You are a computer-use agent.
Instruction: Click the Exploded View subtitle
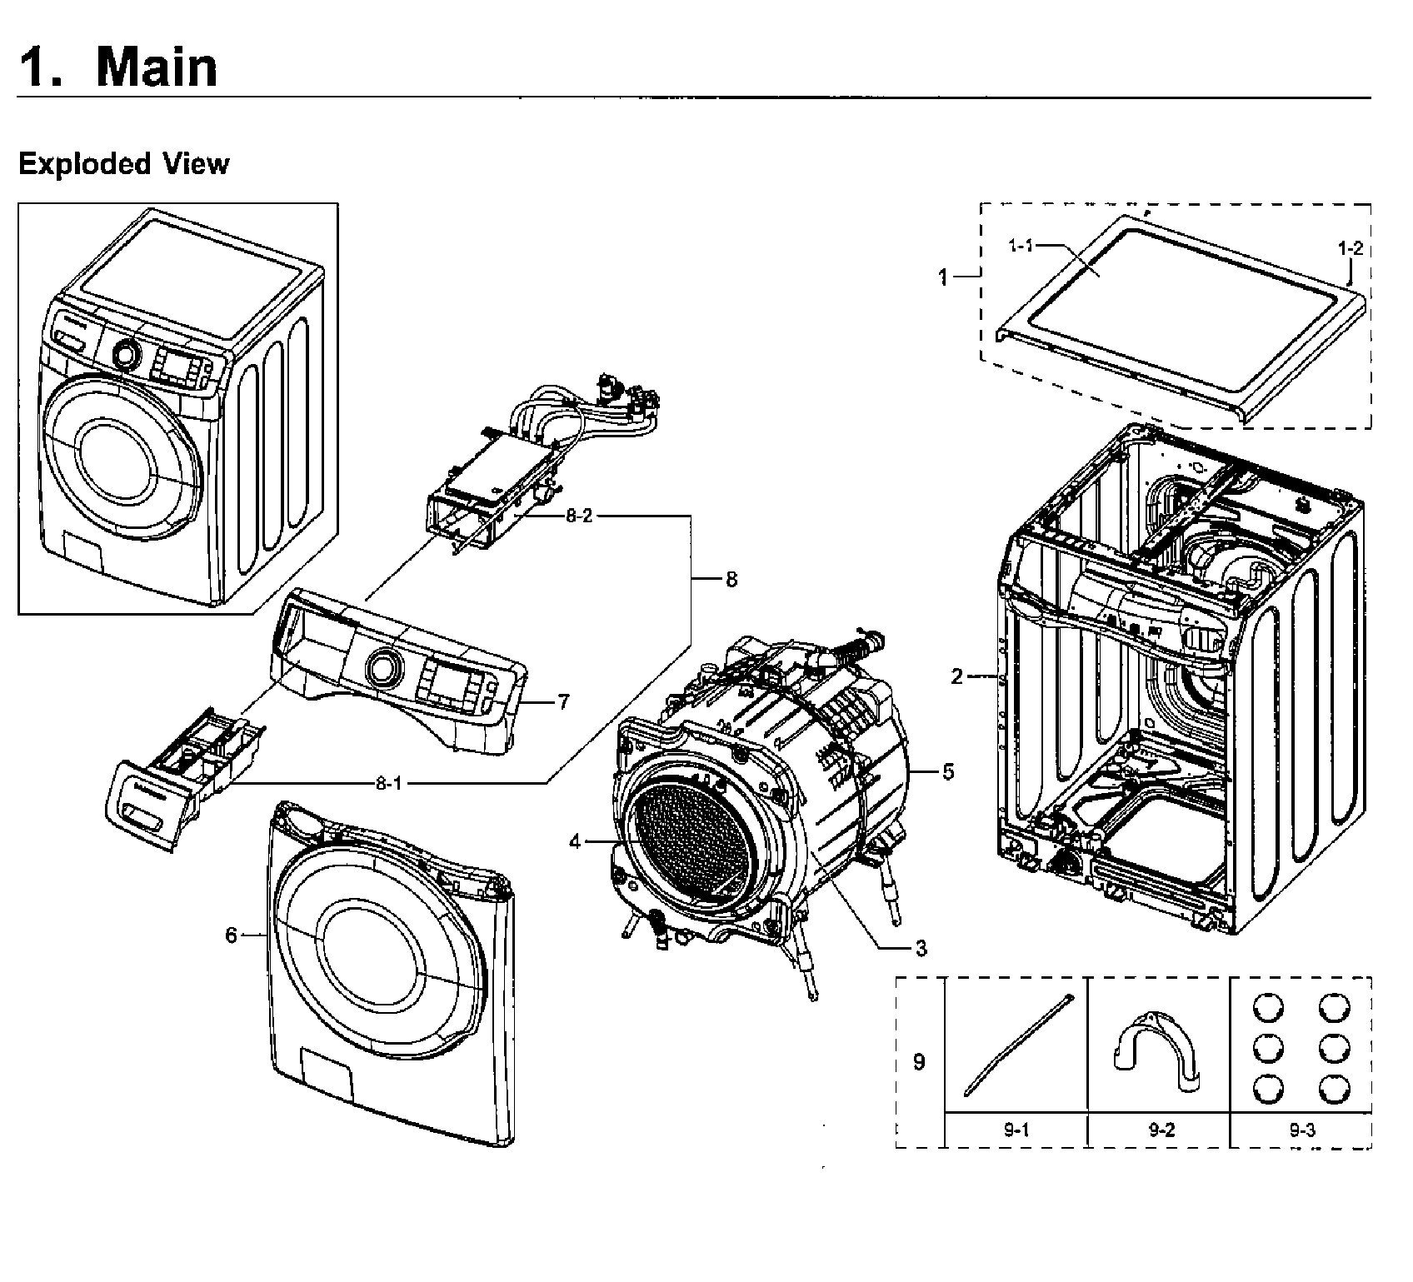point(123,163)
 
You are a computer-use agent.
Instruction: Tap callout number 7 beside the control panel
point(564,702)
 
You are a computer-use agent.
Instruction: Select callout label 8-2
point(579,516)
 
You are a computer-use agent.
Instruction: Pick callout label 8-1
point(388,783)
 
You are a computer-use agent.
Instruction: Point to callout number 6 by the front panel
point(232,935)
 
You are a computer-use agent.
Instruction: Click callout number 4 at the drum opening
point(575,842)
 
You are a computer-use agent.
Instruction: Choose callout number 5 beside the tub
point(948,771)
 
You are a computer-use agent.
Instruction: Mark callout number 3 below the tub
point(921,948)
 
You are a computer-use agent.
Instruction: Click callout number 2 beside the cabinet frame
point(957,676)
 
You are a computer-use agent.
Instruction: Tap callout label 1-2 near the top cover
point(1351,247)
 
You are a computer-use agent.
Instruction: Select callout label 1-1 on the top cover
point(1021,245)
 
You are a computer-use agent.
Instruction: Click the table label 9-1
point(1016,1130)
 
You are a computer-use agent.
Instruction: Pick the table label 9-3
point(1301,1130)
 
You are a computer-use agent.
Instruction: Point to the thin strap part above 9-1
point(1016,1045)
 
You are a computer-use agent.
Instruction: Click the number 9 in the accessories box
point(919,1062)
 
